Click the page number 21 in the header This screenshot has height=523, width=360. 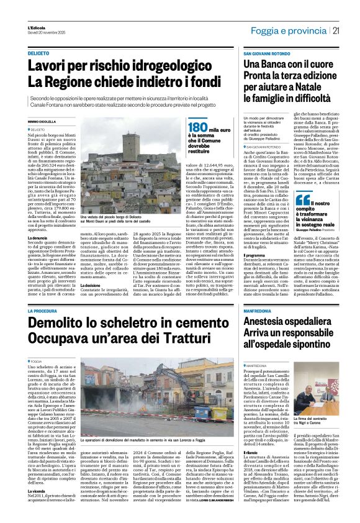coord(352,31)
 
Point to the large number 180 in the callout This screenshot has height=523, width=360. coord(196,129)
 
